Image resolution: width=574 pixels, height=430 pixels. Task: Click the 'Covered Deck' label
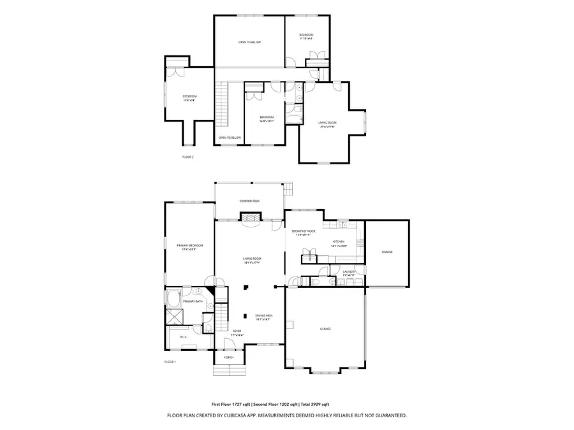tap(249, 201)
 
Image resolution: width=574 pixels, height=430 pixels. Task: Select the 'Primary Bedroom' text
tap(189, 246)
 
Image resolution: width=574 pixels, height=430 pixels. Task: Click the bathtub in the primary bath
tap(174, 298)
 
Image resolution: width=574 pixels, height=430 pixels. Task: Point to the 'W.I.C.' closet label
tap(183, 337)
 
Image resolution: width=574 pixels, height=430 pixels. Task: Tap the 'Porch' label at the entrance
tap(228, 357)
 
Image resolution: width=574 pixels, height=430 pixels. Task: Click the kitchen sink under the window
tap(342, 224)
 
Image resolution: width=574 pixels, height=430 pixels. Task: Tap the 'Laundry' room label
tap(349, 272)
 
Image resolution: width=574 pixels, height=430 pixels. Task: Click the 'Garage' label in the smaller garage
tap(387, 252)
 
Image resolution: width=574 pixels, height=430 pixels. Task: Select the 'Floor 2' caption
tap(188, 156)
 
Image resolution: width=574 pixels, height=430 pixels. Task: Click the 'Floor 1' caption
tap(170, 362)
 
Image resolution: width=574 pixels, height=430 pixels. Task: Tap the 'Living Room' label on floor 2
tap(327, 124)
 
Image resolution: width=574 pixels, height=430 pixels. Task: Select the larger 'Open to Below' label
tap(249, 43)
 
